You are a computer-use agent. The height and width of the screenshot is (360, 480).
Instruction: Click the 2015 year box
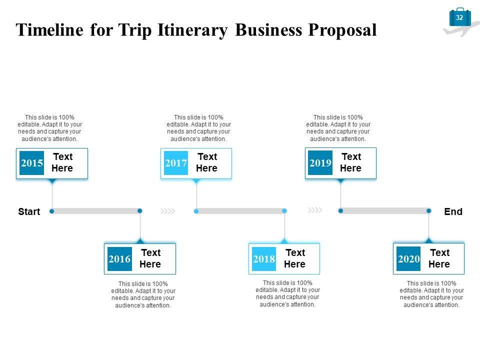pos(32,163)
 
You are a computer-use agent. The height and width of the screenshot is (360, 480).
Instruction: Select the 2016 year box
pos(119,259)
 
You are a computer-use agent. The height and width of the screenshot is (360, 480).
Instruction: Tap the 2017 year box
pos(176,163)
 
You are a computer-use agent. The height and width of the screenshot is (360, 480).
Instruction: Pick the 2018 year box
pos(264,259)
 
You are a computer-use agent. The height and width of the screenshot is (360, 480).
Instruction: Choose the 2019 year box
pos(320,163)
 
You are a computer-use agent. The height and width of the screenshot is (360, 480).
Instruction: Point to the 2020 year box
pos(408,259)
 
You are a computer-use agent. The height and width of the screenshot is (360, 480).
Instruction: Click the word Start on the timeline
pos(29,211)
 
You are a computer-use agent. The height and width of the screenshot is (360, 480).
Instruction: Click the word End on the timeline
pos(453,211)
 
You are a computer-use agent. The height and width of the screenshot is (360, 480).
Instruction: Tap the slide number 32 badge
pos(460,17)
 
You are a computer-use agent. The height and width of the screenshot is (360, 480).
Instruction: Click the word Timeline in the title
pos(50,30)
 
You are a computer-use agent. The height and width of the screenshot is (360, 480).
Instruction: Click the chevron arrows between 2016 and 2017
pos(168,211)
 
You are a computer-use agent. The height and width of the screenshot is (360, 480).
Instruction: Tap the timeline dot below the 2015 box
pos(52,211)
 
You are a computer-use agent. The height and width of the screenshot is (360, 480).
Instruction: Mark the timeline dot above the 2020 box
pos(428,211)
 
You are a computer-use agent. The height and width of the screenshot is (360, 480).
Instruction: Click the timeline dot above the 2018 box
pos(284,211)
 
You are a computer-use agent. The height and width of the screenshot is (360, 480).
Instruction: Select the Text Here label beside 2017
pos(206,163)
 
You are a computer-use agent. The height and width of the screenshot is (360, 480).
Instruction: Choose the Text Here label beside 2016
pos(150,259)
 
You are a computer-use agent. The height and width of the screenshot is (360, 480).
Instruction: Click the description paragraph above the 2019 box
pos(338,128)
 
